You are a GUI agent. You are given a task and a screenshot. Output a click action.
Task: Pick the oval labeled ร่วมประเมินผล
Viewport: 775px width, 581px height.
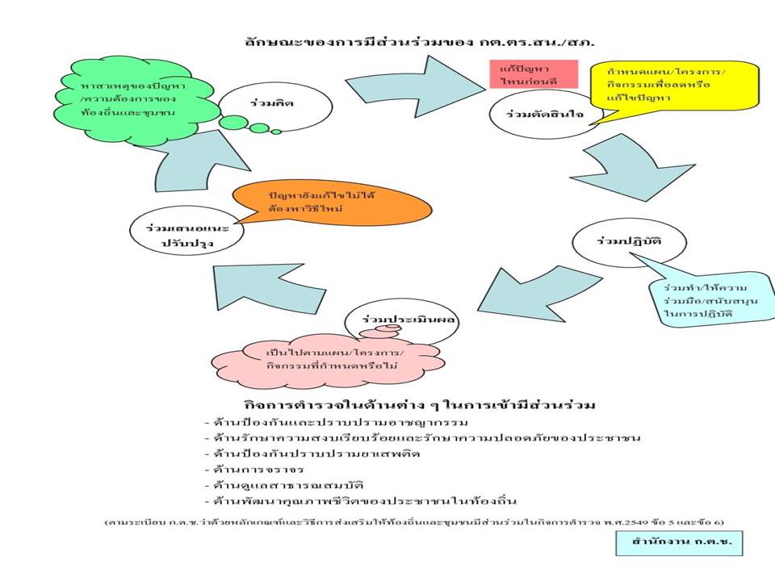click(400, 322)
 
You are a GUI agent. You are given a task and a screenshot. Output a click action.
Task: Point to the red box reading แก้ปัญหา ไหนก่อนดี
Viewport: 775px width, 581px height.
click(524, 73)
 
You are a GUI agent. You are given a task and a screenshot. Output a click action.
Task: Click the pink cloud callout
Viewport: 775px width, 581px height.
click(335, 360)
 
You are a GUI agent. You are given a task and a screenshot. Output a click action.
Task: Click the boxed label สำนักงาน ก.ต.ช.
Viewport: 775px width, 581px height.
click(677, 543)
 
